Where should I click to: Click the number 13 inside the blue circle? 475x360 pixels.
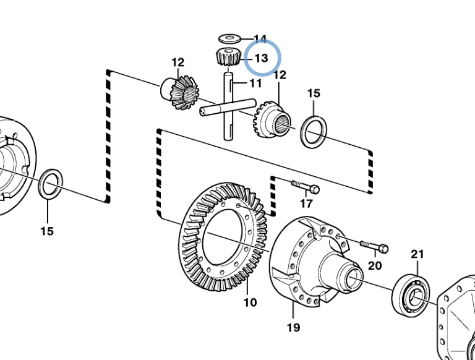[x=261, y=59]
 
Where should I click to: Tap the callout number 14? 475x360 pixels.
[x=260, y=40]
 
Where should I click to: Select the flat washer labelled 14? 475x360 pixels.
[x=229, y=40]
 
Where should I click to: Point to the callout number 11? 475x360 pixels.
[x=256, y=83]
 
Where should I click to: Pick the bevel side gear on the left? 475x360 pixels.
[x=182, y=92]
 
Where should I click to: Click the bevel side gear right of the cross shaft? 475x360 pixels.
[x=270, y=122]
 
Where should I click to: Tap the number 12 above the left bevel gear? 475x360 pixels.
[x=178, y=62]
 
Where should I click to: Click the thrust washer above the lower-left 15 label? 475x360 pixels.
[x=49, y=185]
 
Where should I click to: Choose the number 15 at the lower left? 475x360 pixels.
[x=47, y=231]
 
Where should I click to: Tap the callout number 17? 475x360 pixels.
[x=307, y=204]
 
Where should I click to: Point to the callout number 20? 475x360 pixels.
[x=375, y=265]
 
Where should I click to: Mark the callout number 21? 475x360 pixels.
[x=418, y=254]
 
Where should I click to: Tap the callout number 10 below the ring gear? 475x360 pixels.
[x=250, y=302]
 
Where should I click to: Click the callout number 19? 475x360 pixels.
[x=293, y=327]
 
